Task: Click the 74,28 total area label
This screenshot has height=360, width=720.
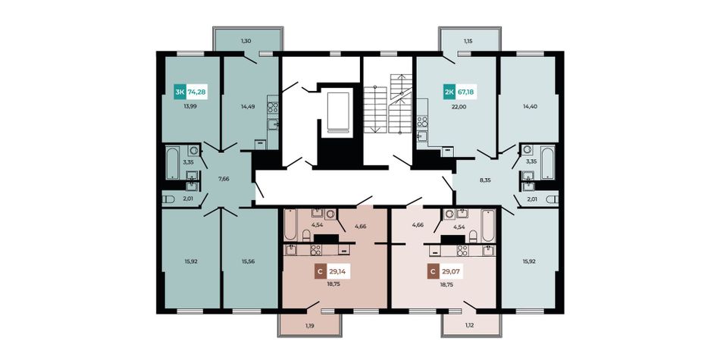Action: [x=197, y=92]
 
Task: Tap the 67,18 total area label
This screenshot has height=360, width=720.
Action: [x=465, y=92]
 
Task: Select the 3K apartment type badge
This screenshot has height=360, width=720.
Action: [x=180, y=92]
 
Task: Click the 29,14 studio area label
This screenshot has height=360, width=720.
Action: [x=337, y=272]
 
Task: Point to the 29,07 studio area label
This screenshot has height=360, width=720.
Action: [x=452, y=272]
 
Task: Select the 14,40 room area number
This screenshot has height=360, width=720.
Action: [x=530, y=106]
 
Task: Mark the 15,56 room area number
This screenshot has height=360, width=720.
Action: [x=249, y=261]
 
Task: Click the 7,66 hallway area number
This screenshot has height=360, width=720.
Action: [x=224, y=179]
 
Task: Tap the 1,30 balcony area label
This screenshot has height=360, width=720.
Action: [x=246, y=42]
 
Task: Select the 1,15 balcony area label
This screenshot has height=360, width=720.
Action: [x=468, y=42]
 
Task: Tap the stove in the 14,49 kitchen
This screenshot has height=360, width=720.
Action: [x=273, y=108]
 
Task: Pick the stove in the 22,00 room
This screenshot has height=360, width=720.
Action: [x=422, y=122]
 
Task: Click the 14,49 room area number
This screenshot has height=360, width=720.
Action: [x=248, y=106]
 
